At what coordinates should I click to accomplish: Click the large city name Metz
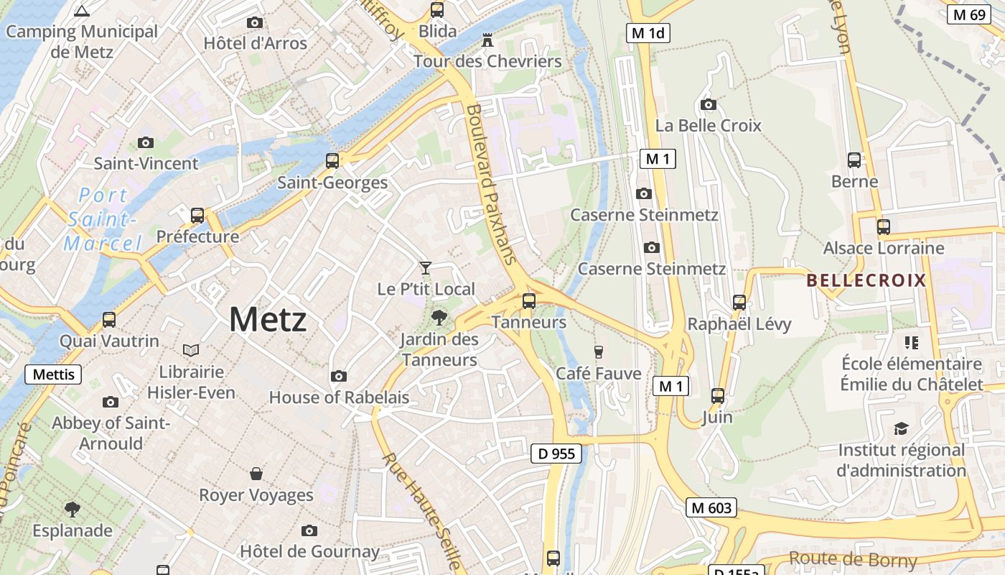pos(268,319)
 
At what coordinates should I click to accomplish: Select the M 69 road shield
pos(967,14)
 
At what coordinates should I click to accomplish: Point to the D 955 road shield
pos(556,454)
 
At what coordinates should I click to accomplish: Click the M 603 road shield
pos(711,507)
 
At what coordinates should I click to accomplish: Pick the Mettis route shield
pos(53,374)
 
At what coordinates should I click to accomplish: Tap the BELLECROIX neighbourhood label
pos(866,280)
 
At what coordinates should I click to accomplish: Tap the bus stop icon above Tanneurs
pos(529,301)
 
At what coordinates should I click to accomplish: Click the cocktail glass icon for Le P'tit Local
pos(426,268)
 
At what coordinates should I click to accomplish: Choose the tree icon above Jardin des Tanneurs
pos(439,317)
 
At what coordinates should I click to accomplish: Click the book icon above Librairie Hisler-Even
pos(190,350)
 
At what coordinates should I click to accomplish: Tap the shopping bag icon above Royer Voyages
pos(256,474)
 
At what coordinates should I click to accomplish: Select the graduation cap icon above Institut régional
pos(901,429)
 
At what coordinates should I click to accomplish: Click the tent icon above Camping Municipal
pos(82,11)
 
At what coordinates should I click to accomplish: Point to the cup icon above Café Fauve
pos(598,351)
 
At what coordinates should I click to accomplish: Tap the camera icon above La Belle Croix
pos(709,104)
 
